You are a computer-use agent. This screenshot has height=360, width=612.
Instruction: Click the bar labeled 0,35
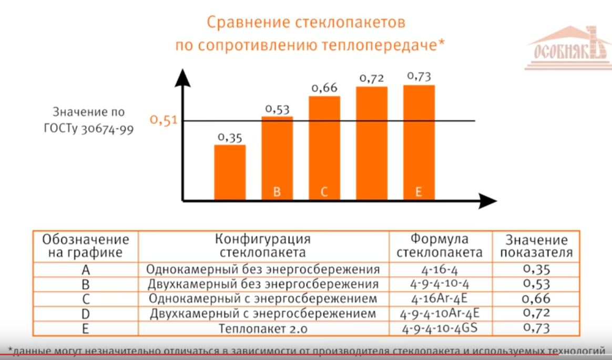[230, 172]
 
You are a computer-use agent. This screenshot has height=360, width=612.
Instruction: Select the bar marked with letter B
[277, 158]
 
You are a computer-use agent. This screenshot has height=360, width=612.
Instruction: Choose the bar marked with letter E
[419, 142]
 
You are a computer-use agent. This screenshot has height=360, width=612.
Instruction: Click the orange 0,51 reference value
[164, 120]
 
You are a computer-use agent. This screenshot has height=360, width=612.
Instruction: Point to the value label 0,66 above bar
[324, 88]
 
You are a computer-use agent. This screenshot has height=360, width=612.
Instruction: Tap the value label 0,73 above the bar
[419, 76]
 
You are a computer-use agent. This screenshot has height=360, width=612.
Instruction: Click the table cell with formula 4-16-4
[440, 270]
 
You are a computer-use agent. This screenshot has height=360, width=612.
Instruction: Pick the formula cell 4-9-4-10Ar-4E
[440, 314]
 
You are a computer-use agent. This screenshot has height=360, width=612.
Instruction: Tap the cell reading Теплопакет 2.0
[263, 329]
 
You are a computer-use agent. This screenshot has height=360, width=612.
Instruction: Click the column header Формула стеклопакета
[440, 245]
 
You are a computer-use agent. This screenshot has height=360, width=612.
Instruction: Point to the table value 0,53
[536, 284]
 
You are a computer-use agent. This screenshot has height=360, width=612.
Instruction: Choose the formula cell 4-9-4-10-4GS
[440, 329]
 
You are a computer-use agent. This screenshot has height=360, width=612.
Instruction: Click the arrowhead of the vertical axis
[182, 78]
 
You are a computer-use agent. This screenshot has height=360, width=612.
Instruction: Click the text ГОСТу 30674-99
[88, 128]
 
